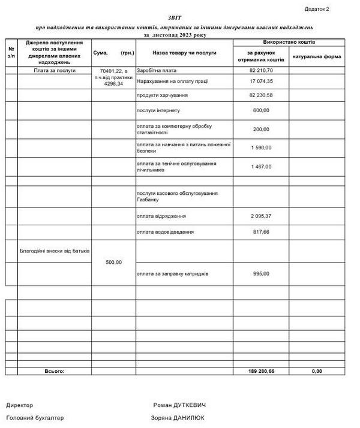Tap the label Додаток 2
[317, 9]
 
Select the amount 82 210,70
[260, 70]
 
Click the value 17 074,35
[261, 80]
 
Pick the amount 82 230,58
[260, 95]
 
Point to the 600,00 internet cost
[261, 110]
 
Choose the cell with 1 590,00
[261, 147]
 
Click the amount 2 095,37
[261, 216]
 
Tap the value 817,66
[260, 231]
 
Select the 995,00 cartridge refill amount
[261, 273]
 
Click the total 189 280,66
[260, 371]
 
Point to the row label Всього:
[54, 371]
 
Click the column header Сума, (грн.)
[113, 53]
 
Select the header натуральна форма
[317, 57]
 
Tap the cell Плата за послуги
[54, 70]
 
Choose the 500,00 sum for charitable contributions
[113, 262]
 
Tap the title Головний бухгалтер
[35, 418]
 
